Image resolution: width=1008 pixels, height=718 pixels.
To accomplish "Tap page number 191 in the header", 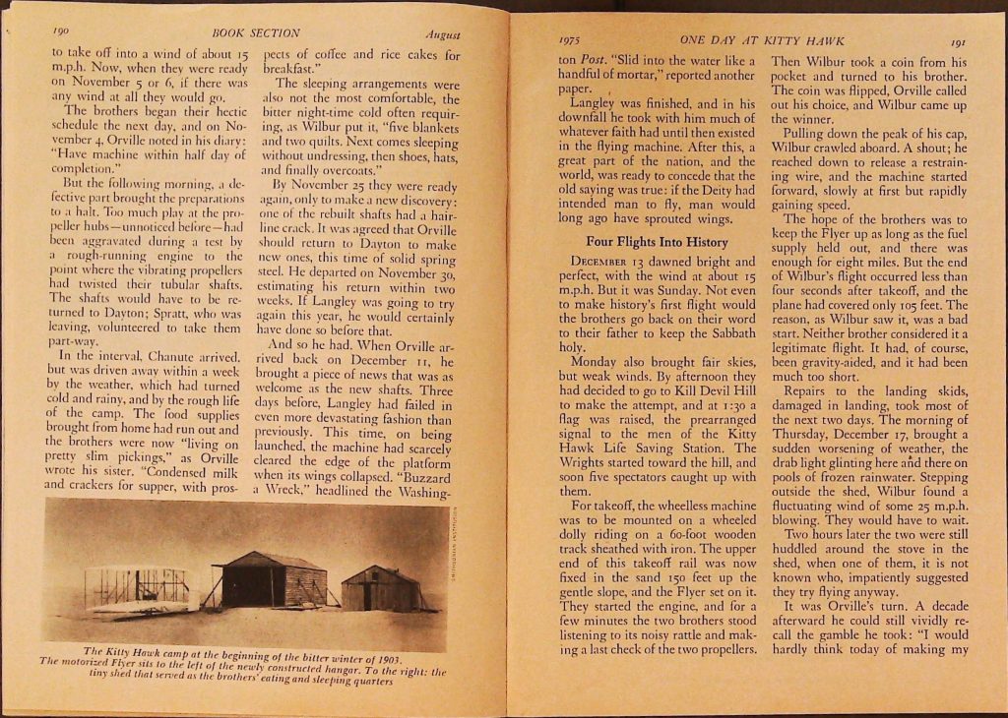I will [x=957, y=41].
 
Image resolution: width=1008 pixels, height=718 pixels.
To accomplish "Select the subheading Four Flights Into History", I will [x=657, y=242].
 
